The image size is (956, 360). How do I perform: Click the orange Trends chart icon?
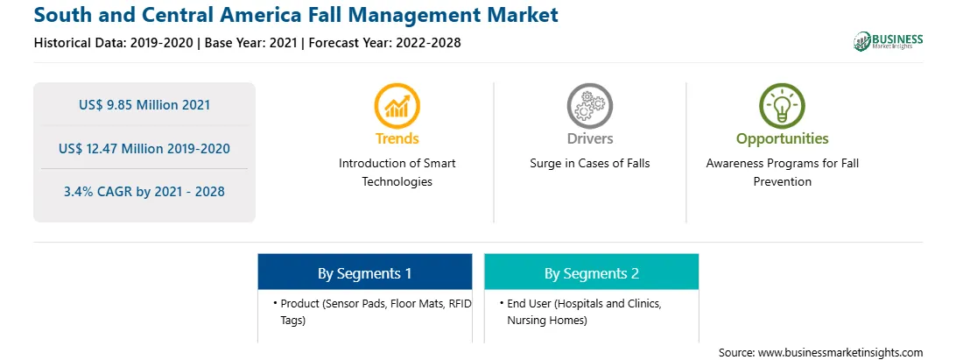397,106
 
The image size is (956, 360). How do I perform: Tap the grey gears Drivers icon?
589,106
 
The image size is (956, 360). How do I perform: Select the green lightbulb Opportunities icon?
783,106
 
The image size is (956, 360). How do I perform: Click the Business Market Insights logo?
889,41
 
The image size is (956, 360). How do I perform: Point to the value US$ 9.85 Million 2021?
144,104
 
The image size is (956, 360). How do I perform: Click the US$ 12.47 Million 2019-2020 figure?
144,148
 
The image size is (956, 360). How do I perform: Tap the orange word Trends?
397,138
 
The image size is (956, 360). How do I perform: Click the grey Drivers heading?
589,138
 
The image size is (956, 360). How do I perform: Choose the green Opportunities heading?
783,138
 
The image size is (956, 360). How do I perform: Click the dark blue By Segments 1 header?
364,272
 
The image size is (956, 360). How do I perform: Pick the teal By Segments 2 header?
592,272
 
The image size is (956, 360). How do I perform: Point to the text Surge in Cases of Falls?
589,164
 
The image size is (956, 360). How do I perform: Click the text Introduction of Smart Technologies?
397,172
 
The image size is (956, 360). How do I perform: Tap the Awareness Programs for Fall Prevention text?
783,172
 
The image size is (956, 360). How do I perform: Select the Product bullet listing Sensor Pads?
373,311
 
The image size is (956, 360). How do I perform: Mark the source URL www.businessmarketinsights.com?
840,352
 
